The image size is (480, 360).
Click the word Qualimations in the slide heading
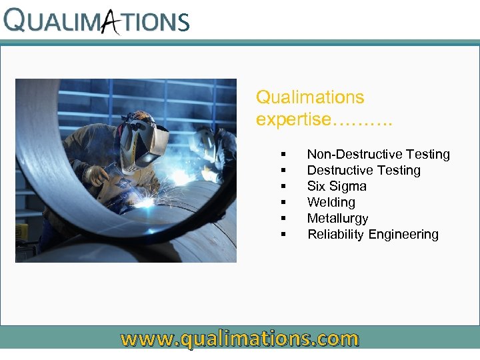[310, 97]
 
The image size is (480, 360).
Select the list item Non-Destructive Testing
[378, 155]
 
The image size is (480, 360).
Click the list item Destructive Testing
[363, 171]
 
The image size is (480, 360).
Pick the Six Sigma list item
[337, 187]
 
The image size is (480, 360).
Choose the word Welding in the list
[331, 203]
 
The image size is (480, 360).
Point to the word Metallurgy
[337, 219]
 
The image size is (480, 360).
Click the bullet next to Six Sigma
[284, 187]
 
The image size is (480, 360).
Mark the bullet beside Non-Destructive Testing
[284, 155]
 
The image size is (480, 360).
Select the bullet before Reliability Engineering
[284, 235]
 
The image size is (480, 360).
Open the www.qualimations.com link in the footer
[239, 339]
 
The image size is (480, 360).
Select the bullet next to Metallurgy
[284, 219]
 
